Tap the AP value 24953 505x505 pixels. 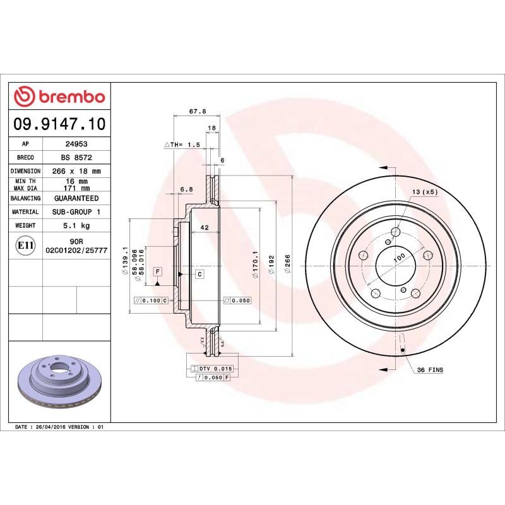pos(76,144)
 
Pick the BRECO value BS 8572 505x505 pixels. pos(76,157)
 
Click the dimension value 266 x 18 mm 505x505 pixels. pos(76,171)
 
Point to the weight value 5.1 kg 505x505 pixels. pos(76,225)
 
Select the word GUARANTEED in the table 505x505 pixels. pos(76,198)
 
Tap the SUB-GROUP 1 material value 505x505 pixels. pos(76,212)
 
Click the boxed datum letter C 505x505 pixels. pos(199,274)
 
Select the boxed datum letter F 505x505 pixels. pos(157,271)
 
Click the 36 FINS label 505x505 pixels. pos(431,370)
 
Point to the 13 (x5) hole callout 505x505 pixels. pos(424,192)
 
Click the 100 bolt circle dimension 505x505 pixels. pos(399,258)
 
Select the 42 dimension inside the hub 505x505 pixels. pos(204,227)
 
